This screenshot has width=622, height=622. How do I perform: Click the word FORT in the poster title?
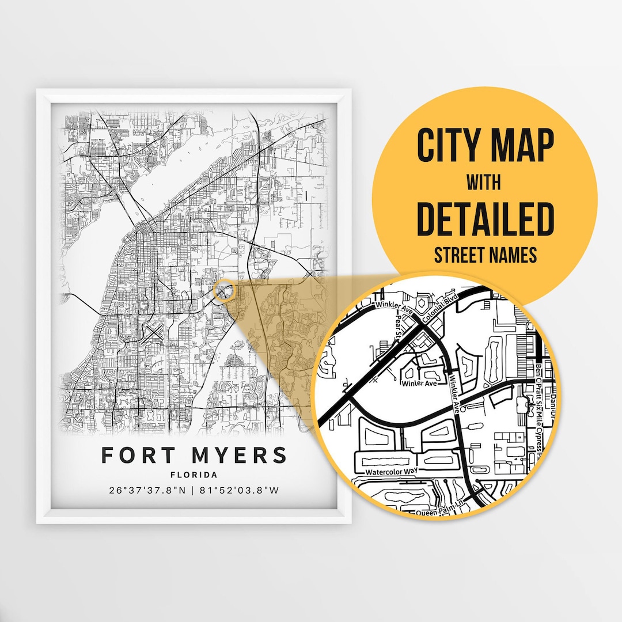[x=138, y=455]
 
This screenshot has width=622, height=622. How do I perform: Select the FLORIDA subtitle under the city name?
[x=194, y=475]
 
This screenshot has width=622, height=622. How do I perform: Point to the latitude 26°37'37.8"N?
[x=147, y=491]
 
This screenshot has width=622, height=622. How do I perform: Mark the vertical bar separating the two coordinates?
[x=193, y=491]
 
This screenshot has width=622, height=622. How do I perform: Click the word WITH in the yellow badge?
[x=484, y=183]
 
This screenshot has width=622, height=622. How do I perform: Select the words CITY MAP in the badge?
[x=485, y=146]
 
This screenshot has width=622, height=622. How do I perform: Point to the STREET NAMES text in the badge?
[x=484, y=254]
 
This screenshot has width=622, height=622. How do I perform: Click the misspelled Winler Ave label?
[x=419, y=384]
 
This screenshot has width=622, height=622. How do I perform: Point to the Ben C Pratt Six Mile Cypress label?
[x=538, y=409]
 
